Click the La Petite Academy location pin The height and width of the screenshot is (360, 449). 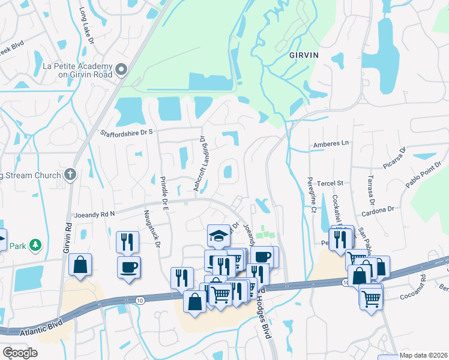[x=122, y=70]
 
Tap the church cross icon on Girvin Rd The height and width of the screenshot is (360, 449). [x=70, y=175]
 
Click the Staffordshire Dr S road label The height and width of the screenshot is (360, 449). [x=127, y=133]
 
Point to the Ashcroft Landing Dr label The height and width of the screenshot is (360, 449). [x=199, y=163]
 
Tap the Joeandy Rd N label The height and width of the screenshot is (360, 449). [x=94, y=214]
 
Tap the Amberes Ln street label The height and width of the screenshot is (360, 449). [x=331, y=144]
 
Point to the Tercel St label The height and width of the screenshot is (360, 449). [x=331, y=183]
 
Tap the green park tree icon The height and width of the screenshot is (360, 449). [x=35, y=245]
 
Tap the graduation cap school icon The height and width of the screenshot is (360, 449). [x=218, y=235]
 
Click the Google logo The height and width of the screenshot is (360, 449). [x=20, y=353]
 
